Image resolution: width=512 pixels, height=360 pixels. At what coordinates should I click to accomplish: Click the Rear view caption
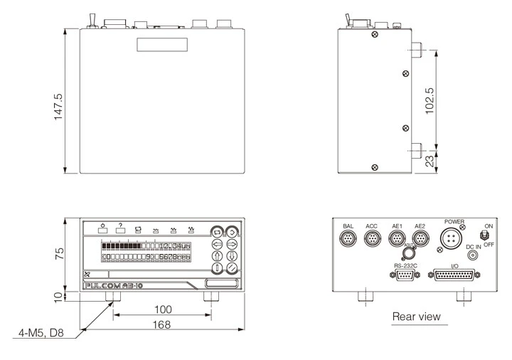[417, 316]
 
